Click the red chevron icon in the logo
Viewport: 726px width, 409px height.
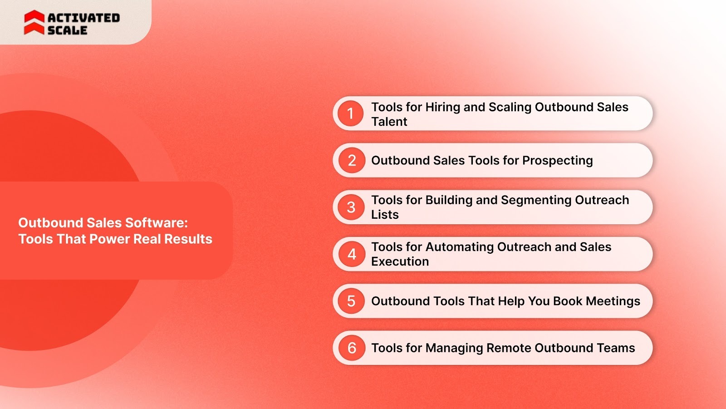(34, 23)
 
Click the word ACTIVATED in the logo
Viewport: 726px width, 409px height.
(84, 18)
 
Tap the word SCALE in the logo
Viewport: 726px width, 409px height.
(67, 30)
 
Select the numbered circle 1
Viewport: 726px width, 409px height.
(350, 113)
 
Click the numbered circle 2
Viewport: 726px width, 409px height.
(351, 160)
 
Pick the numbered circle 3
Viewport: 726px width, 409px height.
(351, 207)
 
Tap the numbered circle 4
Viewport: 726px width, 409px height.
(351, 254)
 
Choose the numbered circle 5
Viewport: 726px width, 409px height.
(351, 301)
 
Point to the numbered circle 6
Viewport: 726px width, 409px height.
(351, 348)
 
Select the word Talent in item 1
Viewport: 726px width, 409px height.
(389, 122)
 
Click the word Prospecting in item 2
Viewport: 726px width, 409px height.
(557, 161)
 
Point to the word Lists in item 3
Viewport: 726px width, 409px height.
(385, 215)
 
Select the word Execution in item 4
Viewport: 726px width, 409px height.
(400, 261)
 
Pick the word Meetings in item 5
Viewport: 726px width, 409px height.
(613, 301)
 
